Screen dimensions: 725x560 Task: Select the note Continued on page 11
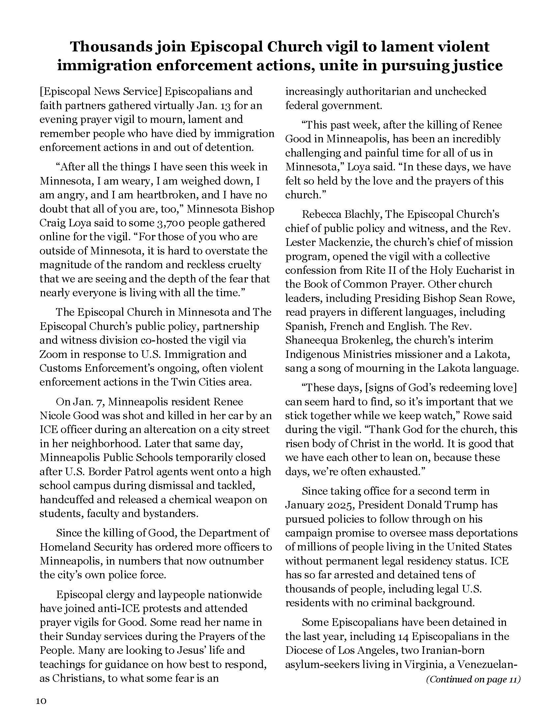[473, 679]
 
